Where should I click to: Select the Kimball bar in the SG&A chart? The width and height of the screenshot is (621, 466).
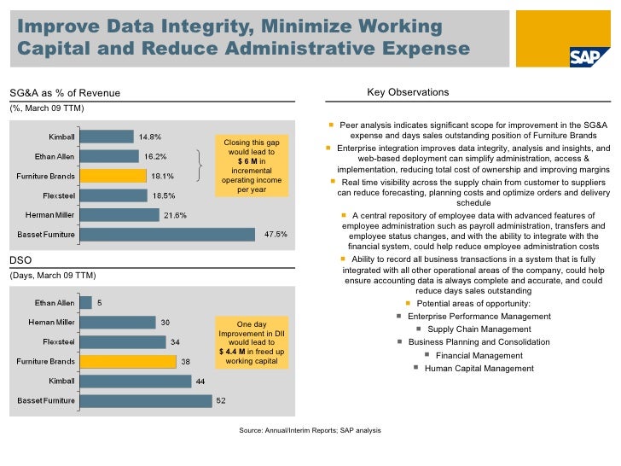pyautogui.click(x=109, y=136)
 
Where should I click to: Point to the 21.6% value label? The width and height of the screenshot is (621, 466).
pyautogui.click(x=175, y=214)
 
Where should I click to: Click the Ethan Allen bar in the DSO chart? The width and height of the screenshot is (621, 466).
pyautogui.click(x=85, y=302)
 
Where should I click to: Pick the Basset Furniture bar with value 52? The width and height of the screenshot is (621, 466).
pyautogui.click(x=145, y=400)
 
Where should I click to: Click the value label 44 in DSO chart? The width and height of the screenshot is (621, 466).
pyautogui.click(x=200, y=381)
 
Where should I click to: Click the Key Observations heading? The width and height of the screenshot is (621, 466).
pyautogui.click(x=407, y=92)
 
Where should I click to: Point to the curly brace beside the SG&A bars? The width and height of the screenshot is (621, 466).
pyautogui.click(x=199, y=165)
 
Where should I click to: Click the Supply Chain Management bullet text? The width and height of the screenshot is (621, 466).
pyautogui.click(x=479, y=329)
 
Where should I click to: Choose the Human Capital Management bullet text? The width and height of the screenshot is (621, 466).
pyautogui.click(x=479, y=369)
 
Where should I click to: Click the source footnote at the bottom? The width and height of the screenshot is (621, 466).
pyautogui.click(x=310, y=430)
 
